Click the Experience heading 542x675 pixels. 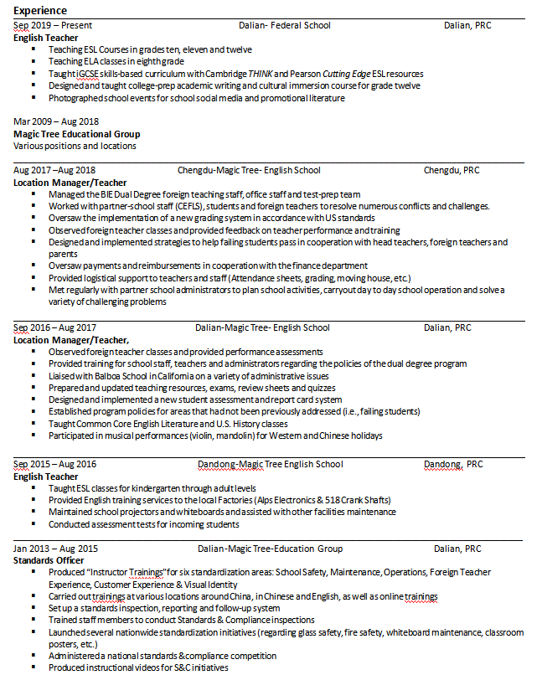[41, 10]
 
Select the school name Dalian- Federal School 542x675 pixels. [284, 25]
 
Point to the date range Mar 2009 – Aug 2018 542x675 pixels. [55, 121]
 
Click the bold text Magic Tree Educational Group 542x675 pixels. [77, 134]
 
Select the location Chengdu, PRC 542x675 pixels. [452, 170]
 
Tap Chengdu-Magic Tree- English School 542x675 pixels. [249, 170]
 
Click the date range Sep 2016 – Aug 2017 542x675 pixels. [55, 327]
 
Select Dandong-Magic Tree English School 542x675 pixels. [270, 464]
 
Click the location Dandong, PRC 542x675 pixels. [453, 464]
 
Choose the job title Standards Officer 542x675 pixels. [49, 560]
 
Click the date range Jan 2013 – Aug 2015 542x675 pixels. [55, 549]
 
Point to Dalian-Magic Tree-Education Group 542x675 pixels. [270, 549]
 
